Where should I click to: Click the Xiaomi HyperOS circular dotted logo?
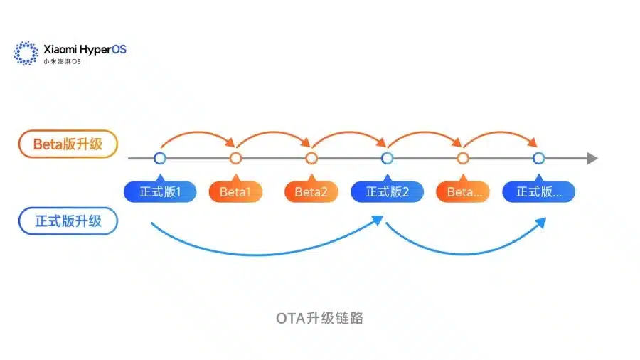tap(26, 53)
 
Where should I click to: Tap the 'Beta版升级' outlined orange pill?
tap(68, 144)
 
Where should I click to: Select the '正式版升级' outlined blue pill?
tap(68, 221)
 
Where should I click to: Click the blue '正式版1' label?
tap(160, 191)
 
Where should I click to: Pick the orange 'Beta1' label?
tap(235, 191)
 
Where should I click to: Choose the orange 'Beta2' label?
tap(311, 191)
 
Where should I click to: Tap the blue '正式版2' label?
tap(388, 191)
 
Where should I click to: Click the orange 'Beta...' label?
tap(463, 191)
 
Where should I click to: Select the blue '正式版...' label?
tap(539, 191)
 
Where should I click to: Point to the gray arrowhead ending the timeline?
tap(592, 159)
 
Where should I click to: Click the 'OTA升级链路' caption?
tap(319, 318)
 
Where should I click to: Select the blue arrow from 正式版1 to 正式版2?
tap(261, 255)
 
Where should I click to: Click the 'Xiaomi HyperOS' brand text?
tap(85, 49)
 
